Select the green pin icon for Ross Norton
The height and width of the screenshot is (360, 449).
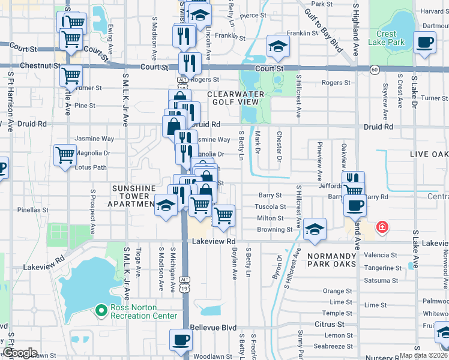pos(101,310)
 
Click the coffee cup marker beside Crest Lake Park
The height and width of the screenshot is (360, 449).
pos(425,43)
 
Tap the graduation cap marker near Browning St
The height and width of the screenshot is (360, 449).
pos(314,229)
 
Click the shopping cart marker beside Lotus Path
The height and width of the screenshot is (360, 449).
pos(65,155)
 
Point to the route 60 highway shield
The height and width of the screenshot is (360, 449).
pos(374,70)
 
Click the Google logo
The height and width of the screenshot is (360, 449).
pos(20,353)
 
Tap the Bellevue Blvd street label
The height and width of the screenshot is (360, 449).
pos(213,328)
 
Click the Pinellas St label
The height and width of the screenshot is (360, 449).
pos(33,211)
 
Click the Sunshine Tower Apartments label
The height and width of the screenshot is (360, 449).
pos(134,196)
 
